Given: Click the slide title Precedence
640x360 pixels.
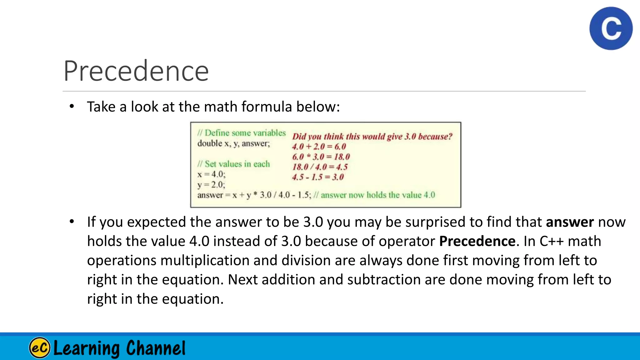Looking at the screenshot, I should pos(136,71).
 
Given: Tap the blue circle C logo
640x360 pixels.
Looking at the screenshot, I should pos(611,28).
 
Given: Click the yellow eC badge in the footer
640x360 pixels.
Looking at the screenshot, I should pos(40,347).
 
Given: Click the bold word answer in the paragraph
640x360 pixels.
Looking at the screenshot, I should pos(570,222).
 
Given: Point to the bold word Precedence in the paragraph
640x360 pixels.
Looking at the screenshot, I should pos(477,241).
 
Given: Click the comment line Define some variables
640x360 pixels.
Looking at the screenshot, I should pos(242,133).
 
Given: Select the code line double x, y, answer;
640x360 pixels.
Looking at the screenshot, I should pos(233,143).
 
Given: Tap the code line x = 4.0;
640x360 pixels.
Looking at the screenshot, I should pos(211,174).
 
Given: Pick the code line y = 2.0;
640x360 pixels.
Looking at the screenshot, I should pos(211,185).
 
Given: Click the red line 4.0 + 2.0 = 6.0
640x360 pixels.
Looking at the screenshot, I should pos(319,147).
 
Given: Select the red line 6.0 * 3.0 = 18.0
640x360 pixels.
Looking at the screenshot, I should pos(321,157).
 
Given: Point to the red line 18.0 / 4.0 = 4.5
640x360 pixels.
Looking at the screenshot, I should pos(320,167).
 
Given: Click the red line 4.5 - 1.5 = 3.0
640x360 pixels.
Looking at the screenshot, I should pos(318,177).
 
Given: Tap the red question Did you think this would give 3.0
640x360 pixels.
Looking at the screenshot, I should pos(372,137).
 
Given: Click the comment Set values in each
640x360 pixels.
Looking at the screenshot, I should pos(234,164).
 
